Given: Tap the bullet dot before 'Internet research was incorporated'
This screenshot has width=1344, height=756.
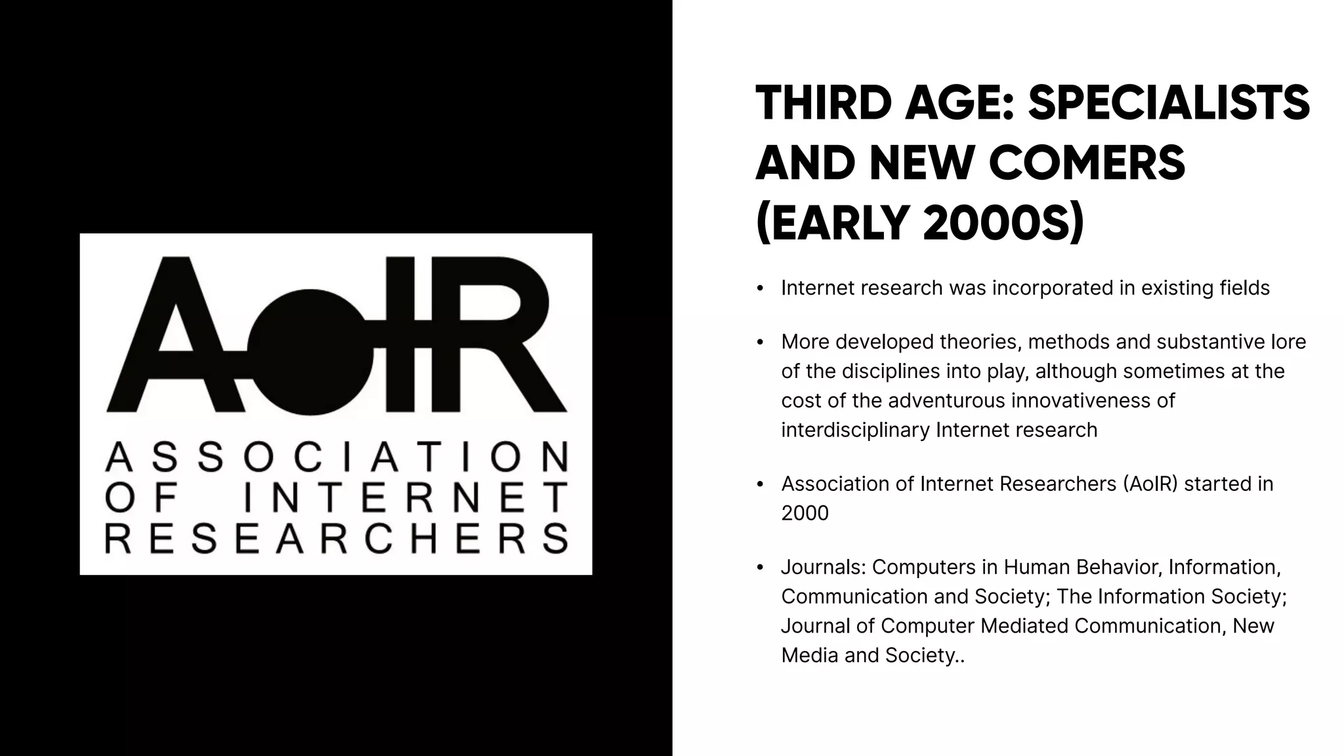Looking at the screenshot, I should (760, 289).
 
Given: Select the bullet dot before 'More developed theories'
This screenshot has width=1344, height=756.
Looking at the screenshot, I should (760, 343).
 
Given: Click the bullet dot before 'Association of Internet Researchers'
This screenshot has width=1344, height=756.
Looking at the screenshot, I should (760, 484).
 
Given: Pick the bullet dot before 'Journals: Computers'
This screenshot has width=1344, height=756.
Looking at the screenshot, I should (760, 568).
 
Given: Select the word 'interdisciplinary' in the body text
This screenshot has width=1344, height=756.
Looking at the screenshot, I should (855, 430).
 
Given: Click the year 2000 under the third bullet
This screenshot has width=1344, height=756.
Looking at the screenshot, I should (805, 513).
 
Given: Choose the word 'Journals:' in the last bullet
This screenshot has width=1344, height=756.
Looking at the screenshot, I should (824, 567).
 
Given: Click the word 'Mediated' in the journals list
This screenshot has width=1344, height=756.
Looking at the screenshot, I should (1024, 625).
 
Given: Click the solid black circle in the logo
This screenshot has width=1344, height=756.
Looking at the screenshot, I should (310, 352).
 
